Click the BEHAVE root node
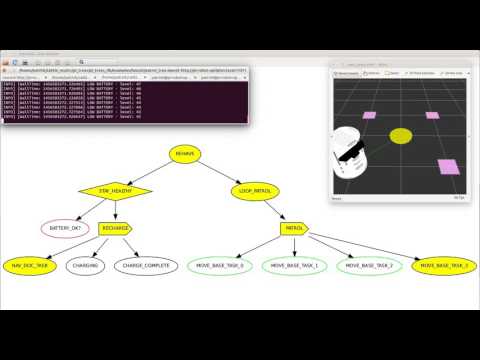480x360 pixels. (186, 153)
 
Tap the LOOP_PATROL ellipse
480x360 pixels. (254, 189)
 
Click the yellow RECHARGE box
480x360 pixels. (116, 228)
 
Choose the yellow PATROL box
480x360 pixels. (294, 228)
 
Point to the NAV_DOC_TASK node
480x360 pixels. (31, 266)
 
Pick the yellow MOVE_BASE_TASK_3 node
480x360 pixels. (444, 266)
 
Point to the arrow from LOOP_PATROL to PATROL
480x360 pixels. (273, 208)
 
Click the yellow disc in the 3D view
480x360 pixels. (400, 135)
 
